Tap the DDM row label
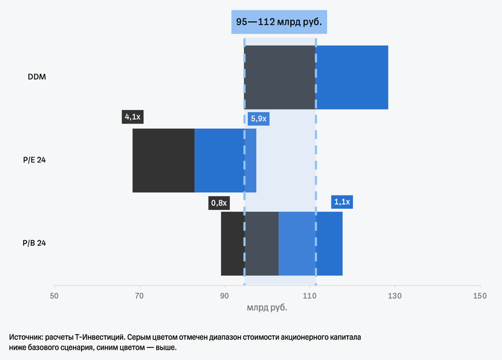point(37,77)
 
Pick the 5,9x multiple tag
point(258,119)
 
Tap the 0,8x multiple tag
point(218,203)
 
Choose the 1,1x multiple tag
point(342,202)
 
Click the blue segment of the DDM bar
point(352,77)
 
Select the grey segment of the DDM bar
point(280,77)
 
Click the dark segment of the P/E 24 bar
point(163,160)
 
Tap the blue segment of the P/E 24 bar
point(225,160)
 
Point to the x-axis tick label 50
point(54,296)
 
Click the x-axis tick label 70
point(139,296)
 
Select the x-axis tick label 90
point(224,296)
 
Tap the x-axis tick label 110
point(310,296)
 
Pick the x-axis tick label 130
point(394,296)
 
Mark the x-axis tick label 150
point(480,296)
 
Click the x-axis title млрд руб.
point(267,308)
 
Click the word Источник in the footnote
point(26,336)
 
